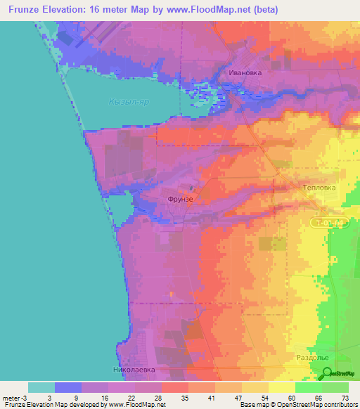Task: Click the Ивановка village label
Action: click(x=245, y=72)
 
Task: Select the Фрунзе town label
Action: click(x=180, y=199)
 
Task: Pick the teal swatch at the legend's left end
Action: click(x=41, y=387)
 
